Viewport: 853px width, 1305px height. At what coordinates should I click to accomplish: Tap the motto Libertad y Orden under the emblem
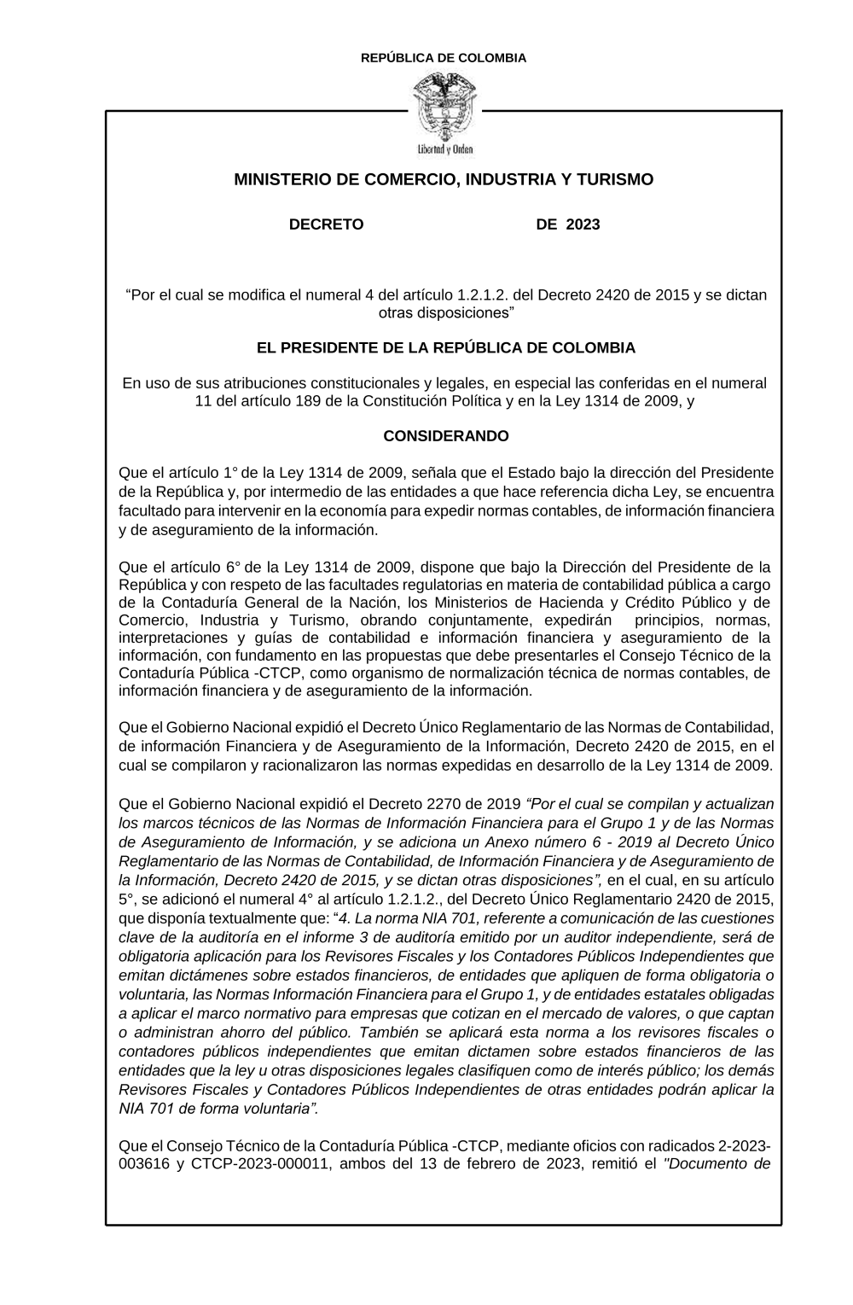click(x=444, y=149)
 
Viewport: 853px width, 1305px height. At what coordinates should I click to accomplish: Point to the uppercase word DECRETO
click(x=326, y=224)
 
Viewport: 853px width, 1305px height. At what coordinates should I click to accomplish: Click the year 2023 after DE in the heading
click(x=583, y=224)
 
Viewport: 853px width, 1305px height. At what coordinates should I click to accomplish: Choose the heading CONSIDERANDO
click(x=445, y=436)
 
